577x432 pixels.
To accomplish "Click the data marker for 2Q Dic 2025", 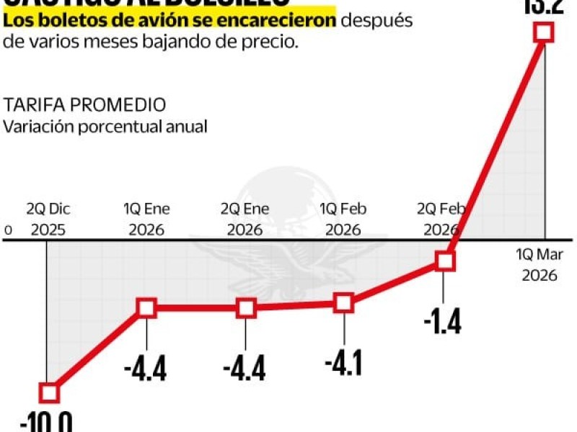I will (x=48, y=392).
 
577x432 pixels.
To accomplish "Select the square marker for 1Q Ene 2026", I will (x=146, y=309).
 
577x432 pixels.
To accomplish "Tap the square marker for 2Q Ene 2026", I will (x=246, y=309).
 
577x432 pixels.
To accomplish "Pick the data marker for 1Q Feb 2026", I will (x=345, y=303).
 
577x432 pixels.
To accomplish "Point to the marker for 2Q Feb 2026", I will (x=445, y=261).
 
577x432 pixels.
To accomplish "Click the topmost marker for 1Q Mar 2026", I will (x=544, y=32).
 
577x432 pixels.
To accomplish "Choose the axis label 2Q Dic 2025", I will (x=48, y=220).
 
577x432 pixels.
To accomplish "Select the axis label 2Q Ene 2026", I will (x=245, y=220).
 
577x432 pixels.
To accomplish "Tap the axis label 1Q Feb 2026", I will (x=344, y=220).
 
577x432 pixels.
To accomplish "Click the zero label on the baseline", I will (x=9, y=230).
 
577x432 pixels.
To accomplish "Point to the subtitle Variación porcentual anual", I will (x=105, y=126).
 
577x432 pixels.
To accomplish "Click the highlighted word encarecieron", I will (x=290, y=21).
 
